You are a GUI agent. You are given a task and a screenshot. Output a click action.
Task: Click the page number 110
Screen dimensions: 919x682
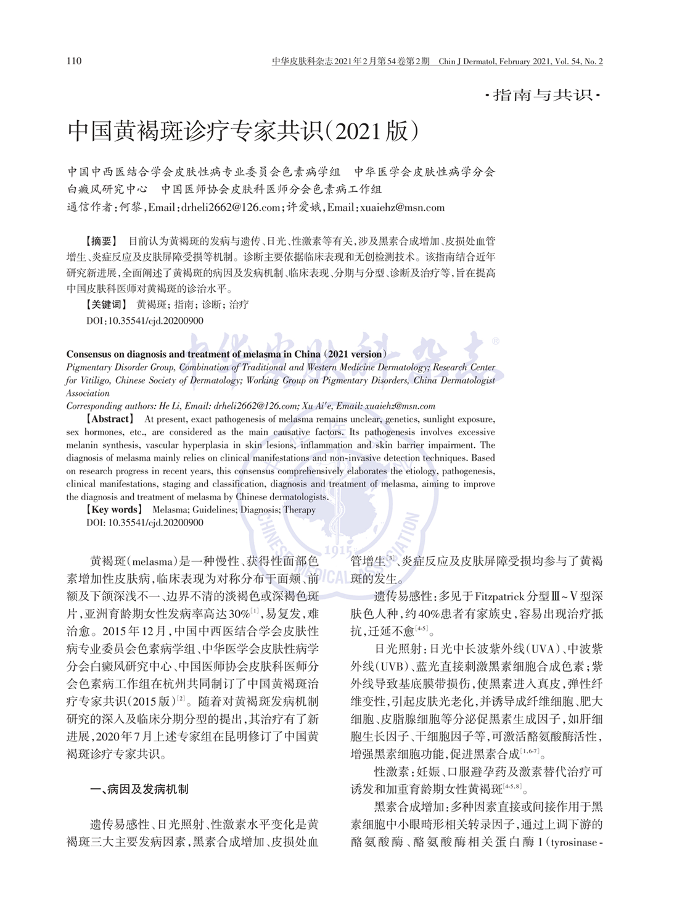pyautogui.click(x=74, y=60)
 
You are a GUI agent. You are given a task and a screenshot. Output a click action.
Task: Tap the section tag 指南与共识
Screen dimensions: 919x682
pyautogui.click(x=543, y=95)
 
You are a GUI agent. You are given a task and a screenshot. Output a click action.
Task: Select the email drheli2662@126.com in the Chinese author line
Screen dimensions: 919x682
pyautogui.click(x=231, y=207)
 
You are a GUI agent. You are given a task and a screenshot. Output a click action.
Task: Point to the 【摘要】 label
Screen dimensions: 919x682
pyautogui.click(x=101, y=241)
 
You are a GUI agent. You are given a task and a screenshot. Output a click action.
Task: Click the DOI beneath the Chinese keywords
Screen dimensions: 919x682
pyautogui.click(x=145, y=321)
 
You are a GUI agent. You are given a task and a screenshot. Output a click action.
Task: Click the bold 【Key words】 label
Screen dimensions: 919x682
pyautogui.click(x=114, y=509)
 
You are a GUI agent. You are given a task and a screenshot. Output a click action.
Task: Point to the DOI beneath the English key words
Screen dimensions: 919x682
pyautogui.click(x=145, y=522)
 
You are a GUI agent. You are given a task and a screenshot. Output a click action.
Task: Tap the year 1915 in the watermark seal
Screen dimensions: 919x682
pyautogui.click(x=339, y=550)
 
